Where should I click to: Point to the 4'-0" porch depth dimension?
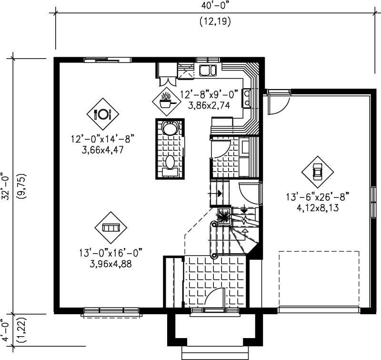(x=6, y=329)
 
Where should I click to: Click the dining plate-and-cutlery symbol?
(x=102, y=114)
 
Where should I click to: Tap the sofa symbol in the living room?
(x=110, y=227)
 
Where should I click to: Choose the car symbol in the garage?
(x=317, y=171)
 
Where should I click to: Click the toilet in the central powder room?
(x=169, y=127)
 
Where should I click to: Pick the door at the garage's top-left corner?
(x=277, y=102)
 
